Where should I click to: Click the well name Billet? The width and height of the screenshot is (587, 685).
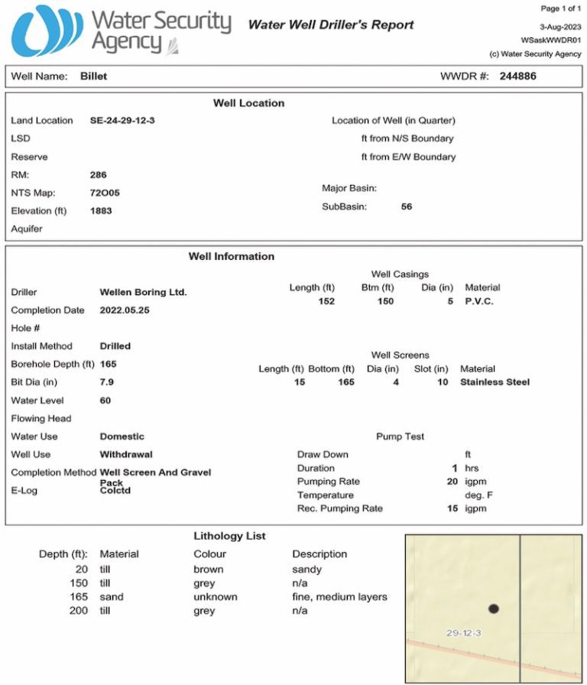pyautogui.click(x=93, y=76)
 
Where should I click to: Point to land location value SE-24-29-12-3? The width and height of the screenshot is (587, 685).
pyautogui.click(x=122, y=121)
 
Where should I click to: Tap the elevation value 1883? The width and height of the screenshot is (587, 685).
pyautogui.click(x=101, y=210)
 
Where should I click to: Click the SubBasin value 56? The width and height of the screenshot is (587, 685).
pyautogui.click(x=407, y=206)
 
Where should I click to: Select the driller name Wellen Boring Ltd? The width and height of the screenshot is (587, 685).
pyautogui.click(x=143, y=292)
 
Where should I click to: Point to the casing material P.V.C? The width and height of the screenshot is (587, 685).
pyautogui.click(x=479, y=301)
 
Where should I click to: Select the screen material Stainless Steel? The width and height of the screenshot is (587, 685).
pyautogui.click(x=495, y=382)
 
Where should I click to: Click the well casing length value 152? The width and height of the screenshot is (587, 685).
pyautogui.click(x=326, y=301)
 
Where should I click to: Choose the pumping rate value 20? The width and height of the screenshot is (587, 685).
pyautogui.click(x=452, y=482)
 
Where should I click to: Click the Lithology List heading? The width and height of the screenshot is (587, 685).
pyautogui.click(x=230, y=537)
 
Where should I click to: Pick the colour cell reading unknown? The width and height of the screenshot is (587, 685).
pyautogui.click(x=215, y=597)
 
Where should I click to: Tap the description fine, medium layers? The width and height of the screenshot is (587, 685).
pyautogui.click(x=339, y=597)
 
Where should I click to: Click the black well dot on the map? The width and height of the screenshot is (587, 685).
pyautogui.click(x=494, y=609)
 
